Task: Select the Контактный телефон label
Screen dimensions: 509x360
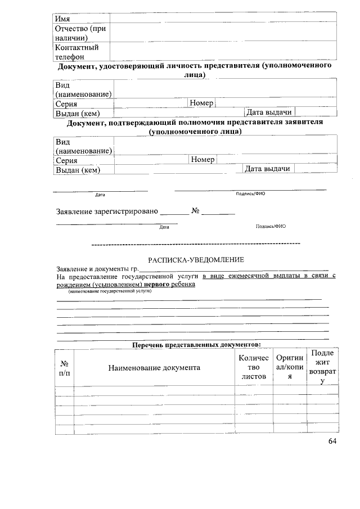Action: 76,52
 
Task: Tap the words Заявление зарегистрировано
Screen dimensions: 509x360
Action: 107,212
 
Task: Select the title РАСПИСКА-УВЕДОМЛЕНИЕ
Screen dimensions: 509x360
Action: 196,260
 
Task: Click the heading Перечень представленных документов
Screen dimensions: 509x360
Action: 196,344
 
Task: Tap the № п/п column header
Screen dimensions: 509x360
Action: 64,368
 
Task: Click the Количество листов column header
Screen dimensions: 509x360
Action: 254,367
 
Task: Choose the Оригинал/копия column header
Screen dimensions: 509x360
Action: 290,367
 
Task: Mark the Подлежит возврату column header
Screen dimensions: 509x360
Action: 322,367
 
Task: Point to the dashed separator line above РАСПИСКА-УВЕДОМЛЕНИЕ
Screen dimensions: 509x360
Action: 196,244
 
